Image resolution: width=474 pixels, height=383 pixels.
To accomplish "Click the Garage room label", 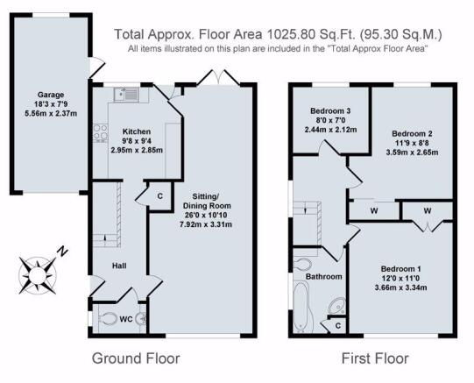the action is click(51, 95).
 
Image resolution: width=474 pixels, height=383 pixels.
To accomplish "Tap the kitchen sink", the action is click(126, 94).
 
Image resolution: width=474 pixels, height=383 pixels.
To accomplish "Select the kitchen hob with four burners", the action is click(100, 133).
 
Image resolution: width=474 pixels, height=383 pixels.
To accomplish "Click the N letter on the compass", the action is click(62, 252).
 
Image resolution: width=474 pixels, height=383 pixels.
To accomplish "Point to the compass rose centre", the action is click(38, 275).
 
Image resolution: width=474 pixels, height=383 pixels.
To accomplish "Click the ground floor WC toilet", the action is click(107, 318).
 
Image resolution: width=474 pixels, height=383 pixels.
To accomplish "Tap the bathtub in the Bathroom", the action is click(301, 307).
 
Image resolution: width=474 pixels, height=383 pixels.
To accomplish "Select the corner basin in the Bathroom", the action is click(337, 306).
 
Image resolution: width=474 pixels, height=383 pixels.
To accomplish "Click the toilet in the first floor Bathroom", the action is click(302, 265).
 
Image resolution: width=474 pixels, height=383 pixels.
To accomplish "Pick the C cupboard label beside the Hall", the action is click(160, 196).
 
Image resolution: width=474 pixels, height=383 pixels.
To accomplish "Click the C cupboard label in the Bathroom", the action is click(338, 325).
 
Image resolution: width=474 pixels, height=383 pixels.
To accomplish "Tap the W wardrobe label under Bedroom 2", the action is click(374, 210).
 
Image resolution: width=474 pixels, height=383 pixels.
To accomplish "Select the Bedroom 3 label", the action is click(330, 111).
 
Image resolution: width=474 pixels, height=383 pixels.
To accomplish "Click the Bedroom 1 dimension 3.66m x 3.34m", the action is click(401, 287).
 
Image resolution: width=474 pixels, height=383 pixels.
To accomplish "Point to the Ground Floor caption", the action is click(136, 358).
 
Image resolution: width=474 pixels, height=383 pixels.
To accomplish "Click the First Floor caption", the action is click(375, 358).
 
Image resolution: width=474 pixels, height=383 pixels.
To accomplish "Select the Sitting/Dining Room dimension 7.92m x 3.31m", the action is click(206, 224).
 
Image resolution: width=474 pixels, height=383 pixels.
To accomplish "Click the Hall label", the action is click(119, 266).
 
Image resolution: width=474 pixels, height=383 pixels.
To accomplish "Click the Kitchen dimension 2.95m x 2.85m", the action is click(137, 150).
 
